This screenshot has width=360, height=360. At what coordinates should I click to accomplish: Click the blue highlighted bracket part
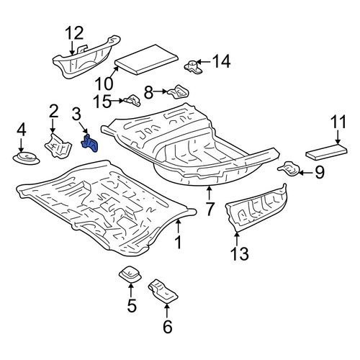coord(90,144)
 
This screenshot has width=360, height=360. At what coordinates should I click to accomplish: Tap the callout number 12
coord(75,33)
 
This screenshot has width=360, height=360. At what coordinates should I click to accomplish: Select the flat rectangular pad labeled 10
coord(147,59)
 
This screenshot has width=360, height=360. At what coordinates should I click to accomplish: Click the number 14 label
coord(222,61)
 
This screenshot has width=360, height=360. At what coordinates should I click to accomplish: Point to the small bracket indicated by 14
coord(194,66)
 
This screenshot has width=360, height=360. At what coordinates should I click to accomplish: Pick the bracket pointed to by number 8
coord(179,92)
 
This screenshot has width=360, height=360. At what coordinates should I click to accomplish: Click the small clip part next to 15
coord(132,101)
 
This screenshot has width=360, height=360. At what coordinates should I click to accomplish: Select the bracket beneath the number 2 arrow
coord(58,146)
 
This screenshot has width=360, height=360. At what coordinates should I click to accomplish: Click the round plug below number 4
coord(26,158)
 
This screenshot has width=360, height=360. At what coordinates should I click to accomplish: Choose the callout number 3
coord(76,114)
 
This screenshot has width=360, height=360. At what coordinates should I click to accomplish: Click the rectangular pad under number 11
coord(326,152)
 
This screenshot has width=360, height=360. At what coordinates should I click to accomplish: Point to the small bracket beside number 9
coord(289,169)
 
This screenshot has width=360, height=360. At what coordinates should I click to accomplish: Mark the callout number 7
coord(210,209)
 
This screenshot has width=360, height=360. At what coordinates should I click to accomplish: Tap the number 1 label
coord(178,242)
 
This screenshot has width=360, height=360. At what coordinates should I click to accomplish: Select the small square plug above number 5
coord(130,274)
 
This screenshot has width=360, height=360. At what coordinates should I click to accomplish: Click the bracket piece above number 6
coord(163,291)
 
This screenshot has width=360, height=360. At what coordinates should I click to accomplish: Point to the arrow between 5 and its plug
coord(131,290)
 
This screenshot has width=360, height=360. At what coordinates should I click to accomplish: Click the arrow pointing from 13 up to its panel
coord(237,240)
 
